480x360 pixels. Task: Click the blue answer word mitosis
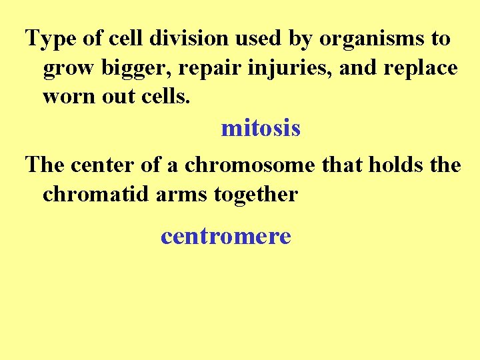[261, 128]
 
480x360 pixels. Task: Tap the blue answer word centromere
[226, 235]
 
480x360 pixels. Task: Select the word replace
[421, 68]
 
